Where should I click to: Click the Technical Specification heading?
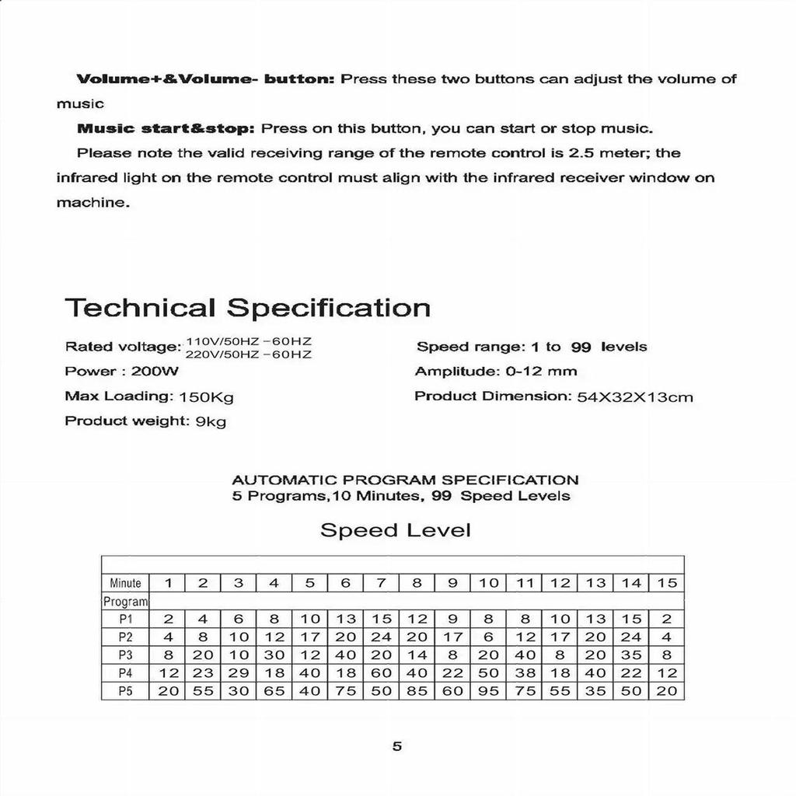[247, 308]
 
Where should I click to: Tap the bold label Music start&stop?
[166, 128]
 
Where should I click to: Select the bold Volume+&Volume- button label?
[205, 79]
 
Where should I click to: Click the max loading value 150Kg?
[206, 397]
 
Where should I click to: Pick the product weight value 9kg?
[211, 422]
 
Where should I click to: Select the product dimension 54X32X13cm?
[634, 397]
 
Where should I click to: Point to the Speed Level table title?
[395, 531]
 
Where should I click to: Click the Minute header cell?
[125, 583]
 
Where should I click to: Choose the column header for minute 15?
[667, 583]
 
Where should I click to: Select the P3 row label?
[125, 655]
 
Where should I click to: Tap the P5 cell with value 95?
[489, 691]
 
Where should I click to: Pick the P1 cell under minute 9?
[452, 620]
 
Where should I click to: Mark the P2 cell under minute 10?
[489, 637]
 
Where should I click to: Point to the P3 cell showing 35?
[631, 655]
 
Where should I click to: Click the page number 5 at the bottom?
[397, 747]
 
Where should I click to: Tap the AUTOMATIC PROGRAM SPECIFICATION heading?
[405, 480]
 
